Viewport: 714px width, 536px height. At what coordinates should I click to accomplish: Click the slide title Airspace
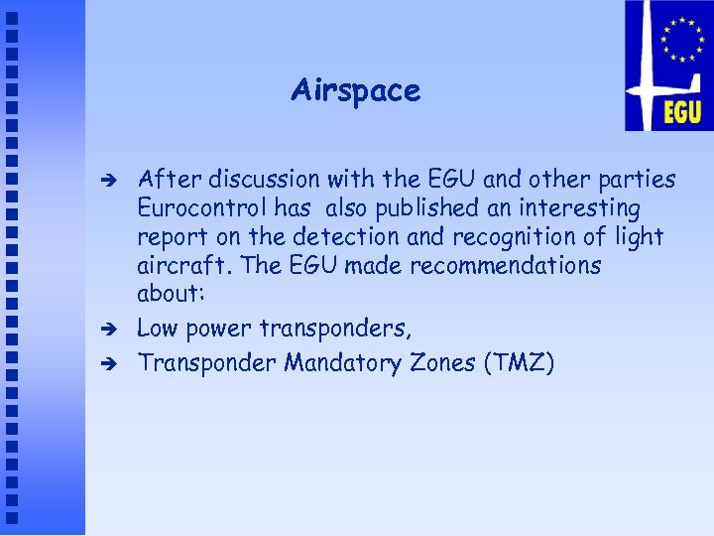coord(355,91)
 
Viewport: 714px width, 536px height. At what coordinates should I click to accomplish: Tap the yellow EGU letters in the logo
coord(682,110)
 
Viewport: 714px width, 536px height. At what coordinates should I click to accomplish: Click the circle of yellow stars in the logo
coord(681,41)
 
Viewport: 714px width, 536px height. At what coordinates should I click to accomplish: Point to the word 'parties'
coord(639,181)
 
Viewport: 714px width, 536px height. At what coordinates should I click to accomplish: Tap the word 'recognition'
coord(521,237)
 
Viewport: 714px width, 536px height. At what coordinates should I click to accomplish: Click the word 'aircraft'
coord(178,266)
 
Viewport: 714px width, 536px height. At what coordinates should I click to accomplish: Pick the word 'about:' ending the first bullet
coord(169,295)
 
